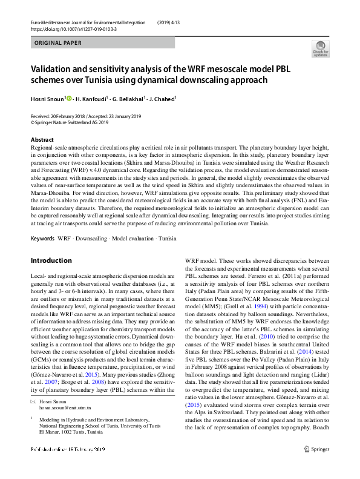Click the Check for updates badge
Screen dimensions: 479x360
click(320, 48)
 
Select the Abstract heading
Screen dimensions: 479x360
click(42, 140)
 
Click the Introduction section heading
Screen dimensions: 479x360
click(51, 260)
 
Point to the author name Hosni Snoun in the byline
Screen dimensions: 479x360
click(47, 99)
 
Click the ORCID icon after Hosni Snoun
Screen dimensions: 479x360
click(68, 99)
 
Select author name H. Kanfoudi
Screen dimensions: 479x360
click(90, 99)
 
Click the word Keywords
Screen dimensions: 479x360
click(42, 239)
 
